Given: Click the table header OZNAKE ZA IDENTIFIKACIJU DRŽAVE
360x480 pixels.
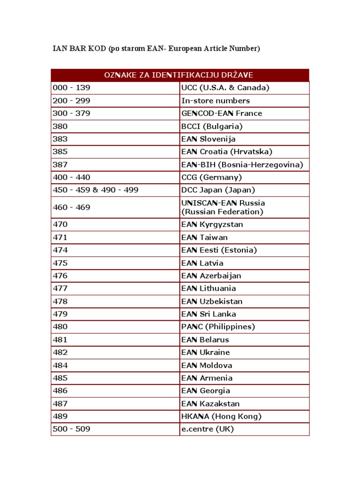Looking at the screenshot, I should (180, 75).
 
